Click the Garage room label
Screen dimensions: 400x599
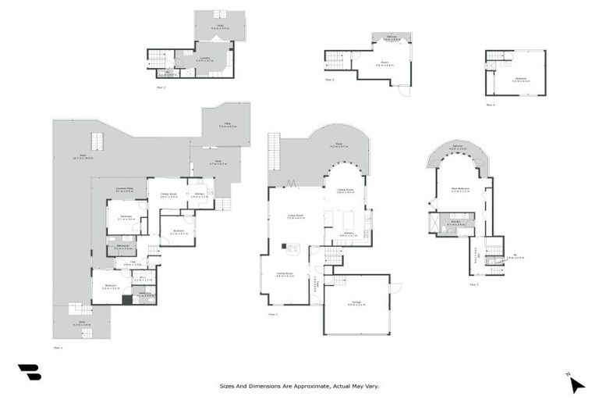[356, 302]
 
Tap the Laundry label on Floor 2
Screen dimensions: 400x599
[204, 57]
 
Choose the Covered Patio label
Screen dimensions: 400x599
[124, 189]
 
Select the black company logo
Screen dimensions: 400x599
[29, 372]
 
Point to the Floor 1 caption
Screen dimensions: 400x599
[57, 348]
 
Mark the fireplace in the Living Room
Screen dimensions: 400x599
[294, 249]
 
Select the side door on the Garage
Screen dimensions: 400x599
[395, 287]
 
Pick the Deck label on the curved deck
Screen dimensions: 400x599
[338, 144]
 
